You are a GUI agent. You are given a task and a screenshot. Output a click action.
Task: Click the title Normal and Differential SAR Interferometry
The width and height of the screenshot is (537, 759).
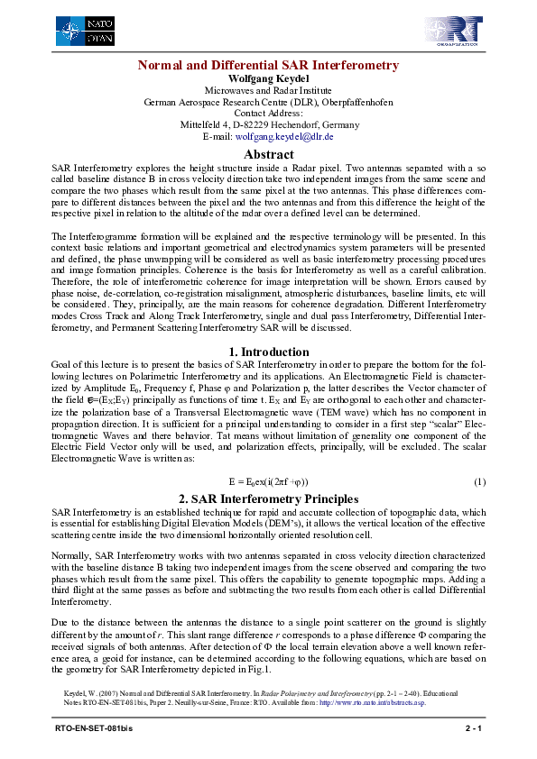268,66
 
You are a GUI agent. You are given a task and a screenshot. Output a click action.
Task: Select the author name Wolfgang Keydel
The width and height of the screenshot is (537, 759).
268,78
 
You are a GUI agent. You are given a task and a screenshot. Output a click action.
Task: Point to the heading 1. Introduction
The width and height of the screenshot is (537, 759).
268,352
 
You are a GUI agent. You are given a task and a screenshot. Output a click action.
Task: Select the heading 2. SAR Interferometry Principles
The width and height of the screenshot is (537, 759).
268,498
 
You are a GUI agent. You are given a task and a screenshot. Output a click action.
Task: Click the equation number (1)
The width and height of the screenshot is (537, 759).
480,482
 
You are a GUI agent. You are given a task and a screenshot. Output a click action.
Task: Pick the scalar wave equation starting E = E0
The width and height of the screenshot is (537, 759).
268,482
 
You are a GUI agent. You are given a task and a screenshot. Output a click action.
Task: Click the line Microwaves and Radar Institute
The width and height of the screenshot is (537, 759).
268,90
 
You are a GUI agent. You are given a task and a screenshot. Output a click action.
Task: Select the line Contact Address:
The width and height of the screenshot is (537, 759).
268,114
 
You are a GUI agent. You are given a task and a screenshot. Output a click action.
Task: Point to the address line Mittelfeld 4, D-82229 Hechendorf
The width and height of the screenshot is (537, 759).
268,125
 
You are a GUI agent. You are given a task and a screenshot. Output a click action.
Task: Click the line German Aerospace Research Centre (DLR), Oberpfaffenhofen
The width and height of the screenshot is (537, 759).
268,102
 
